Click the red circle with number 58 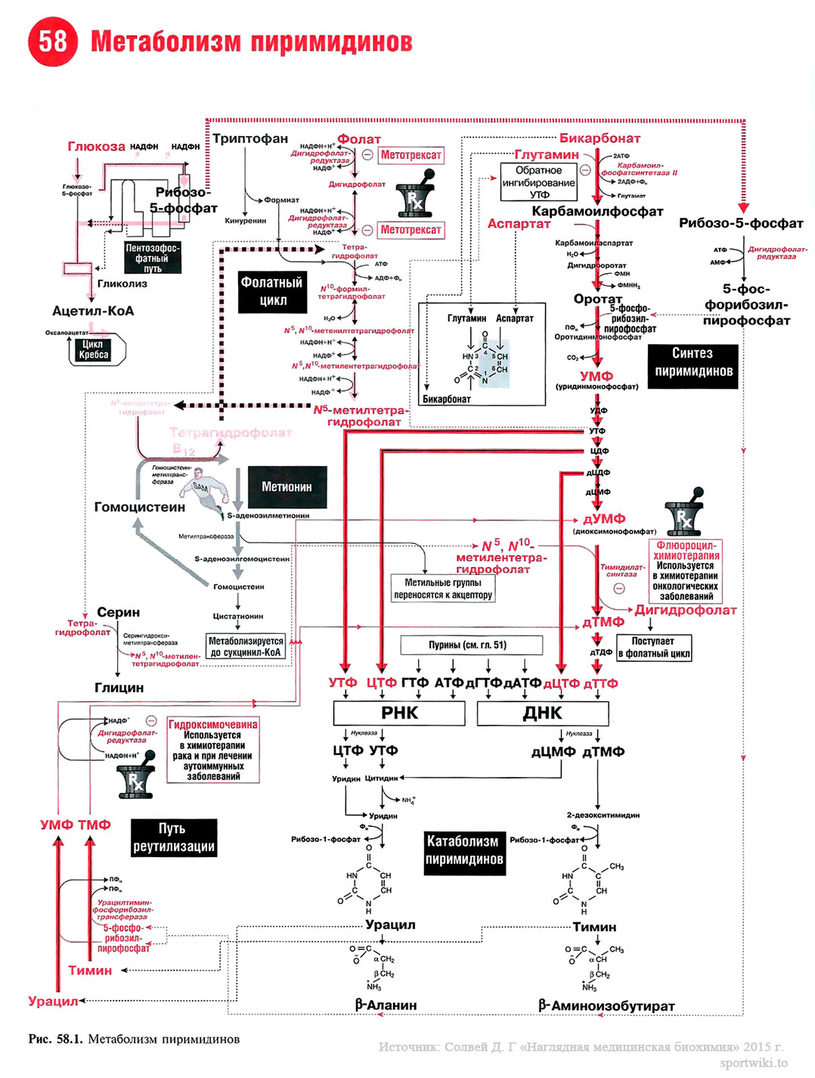pyautogui.click(x=53, y=41)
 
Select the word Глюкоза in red pyautogui.click(x=96, y=147)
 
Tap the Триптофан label pyautogui.click(x=250, y=138)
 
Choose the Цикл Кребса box pyautogui.click(x=94, y=349)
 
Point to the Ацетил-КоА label pyautogui.click(x=92, y=311)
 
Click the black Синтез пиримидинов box pyautogui.click(x=693, y=362)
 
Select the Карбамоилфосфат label pyautogui.click(x=597, y=211)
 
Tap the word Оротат pyautogui.click(x=597, y=299)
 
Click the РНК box pyautogui.click(x=399, y=713)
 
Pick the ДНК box pyautogui.click(x=542, y=713)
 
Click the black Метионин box pyautogui.click(x=287, y=486)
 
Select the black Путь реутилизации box pyautogui.click(x=174, y=837)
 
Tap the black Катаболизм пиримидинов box pyautogui.click(x=463, y=850)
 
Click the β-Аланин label pyautogui.click(x=386, y=1005)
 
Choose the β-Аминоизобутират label pyautogui.click(x=606, y=1006)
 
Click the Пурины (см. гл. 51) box pyautogui.click(x=467, y=645)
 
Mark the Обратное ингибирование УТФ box pyautogui.click(x=538, y=182)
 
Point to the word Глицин pyautogui.click(x=119, y=688)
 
